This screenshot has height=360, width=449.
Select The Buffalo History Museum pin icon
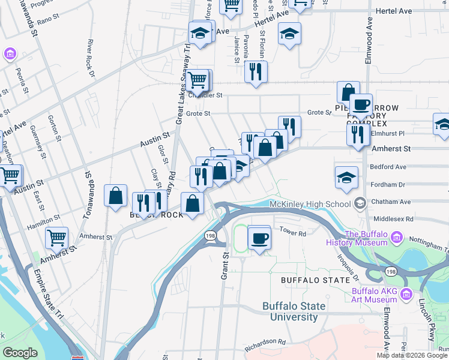[396, 238]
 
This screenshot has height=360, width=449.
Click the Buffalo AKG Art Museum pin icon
[406, 295]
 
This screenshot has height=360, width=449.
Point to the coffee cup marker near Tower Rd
[259, 238]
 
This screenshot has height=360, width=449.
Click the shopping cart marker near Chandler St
[197, 79]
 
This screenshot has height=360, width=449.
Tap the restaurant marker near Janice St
[256, 72]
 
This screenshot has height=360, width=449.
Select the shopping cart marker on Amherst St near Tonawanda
[56, 238]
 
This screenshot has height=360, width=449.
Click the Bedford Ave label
[389, 167]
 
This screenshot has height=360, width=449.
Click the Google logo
[20, 353]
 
